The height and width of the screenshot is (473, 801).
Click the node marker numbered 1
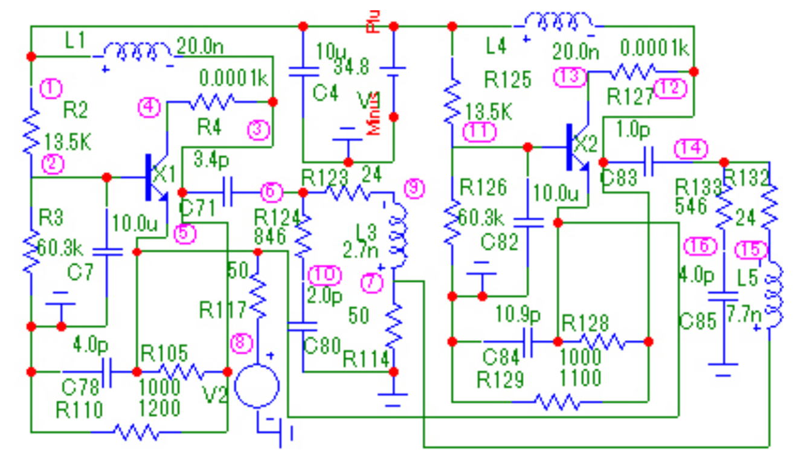coord(51,89)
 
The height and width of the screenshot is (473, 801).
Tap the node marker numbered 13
coord(571,77)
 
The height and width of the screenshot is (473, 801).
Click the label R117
coord(223,310)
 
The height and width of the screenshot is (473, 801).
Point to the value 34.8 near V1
coord(351,66)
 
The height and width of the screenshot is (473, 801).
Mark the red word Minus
coord(376,113)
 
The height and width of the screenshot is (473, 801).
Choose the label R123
coord(326,176)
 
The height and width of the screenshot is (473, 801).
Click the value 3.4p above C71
coord(211,161)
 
